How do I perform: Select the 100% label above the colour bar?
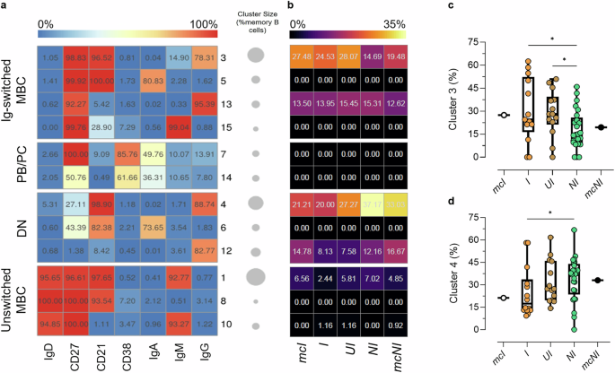[x=205, y=22]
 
